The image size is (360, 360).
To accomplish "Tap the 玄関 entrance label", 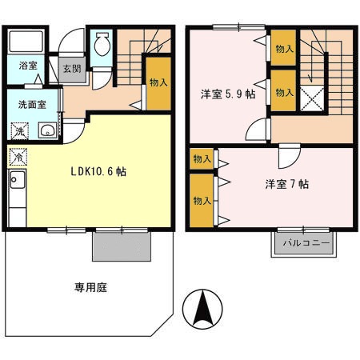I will click(72, 69).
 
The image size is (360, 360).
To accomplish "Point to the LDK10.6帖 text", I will click(93, 170).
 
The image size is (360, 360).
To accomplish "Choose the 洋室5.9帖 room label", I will click(227, 94).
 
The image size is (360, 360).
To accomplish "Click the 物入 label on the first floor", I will click(158, 82).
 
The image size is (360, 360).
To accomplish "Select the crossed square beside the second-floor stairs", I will click(312, 100).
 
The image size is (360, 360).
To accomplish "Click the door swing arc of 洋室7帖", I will click(288, 155).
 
